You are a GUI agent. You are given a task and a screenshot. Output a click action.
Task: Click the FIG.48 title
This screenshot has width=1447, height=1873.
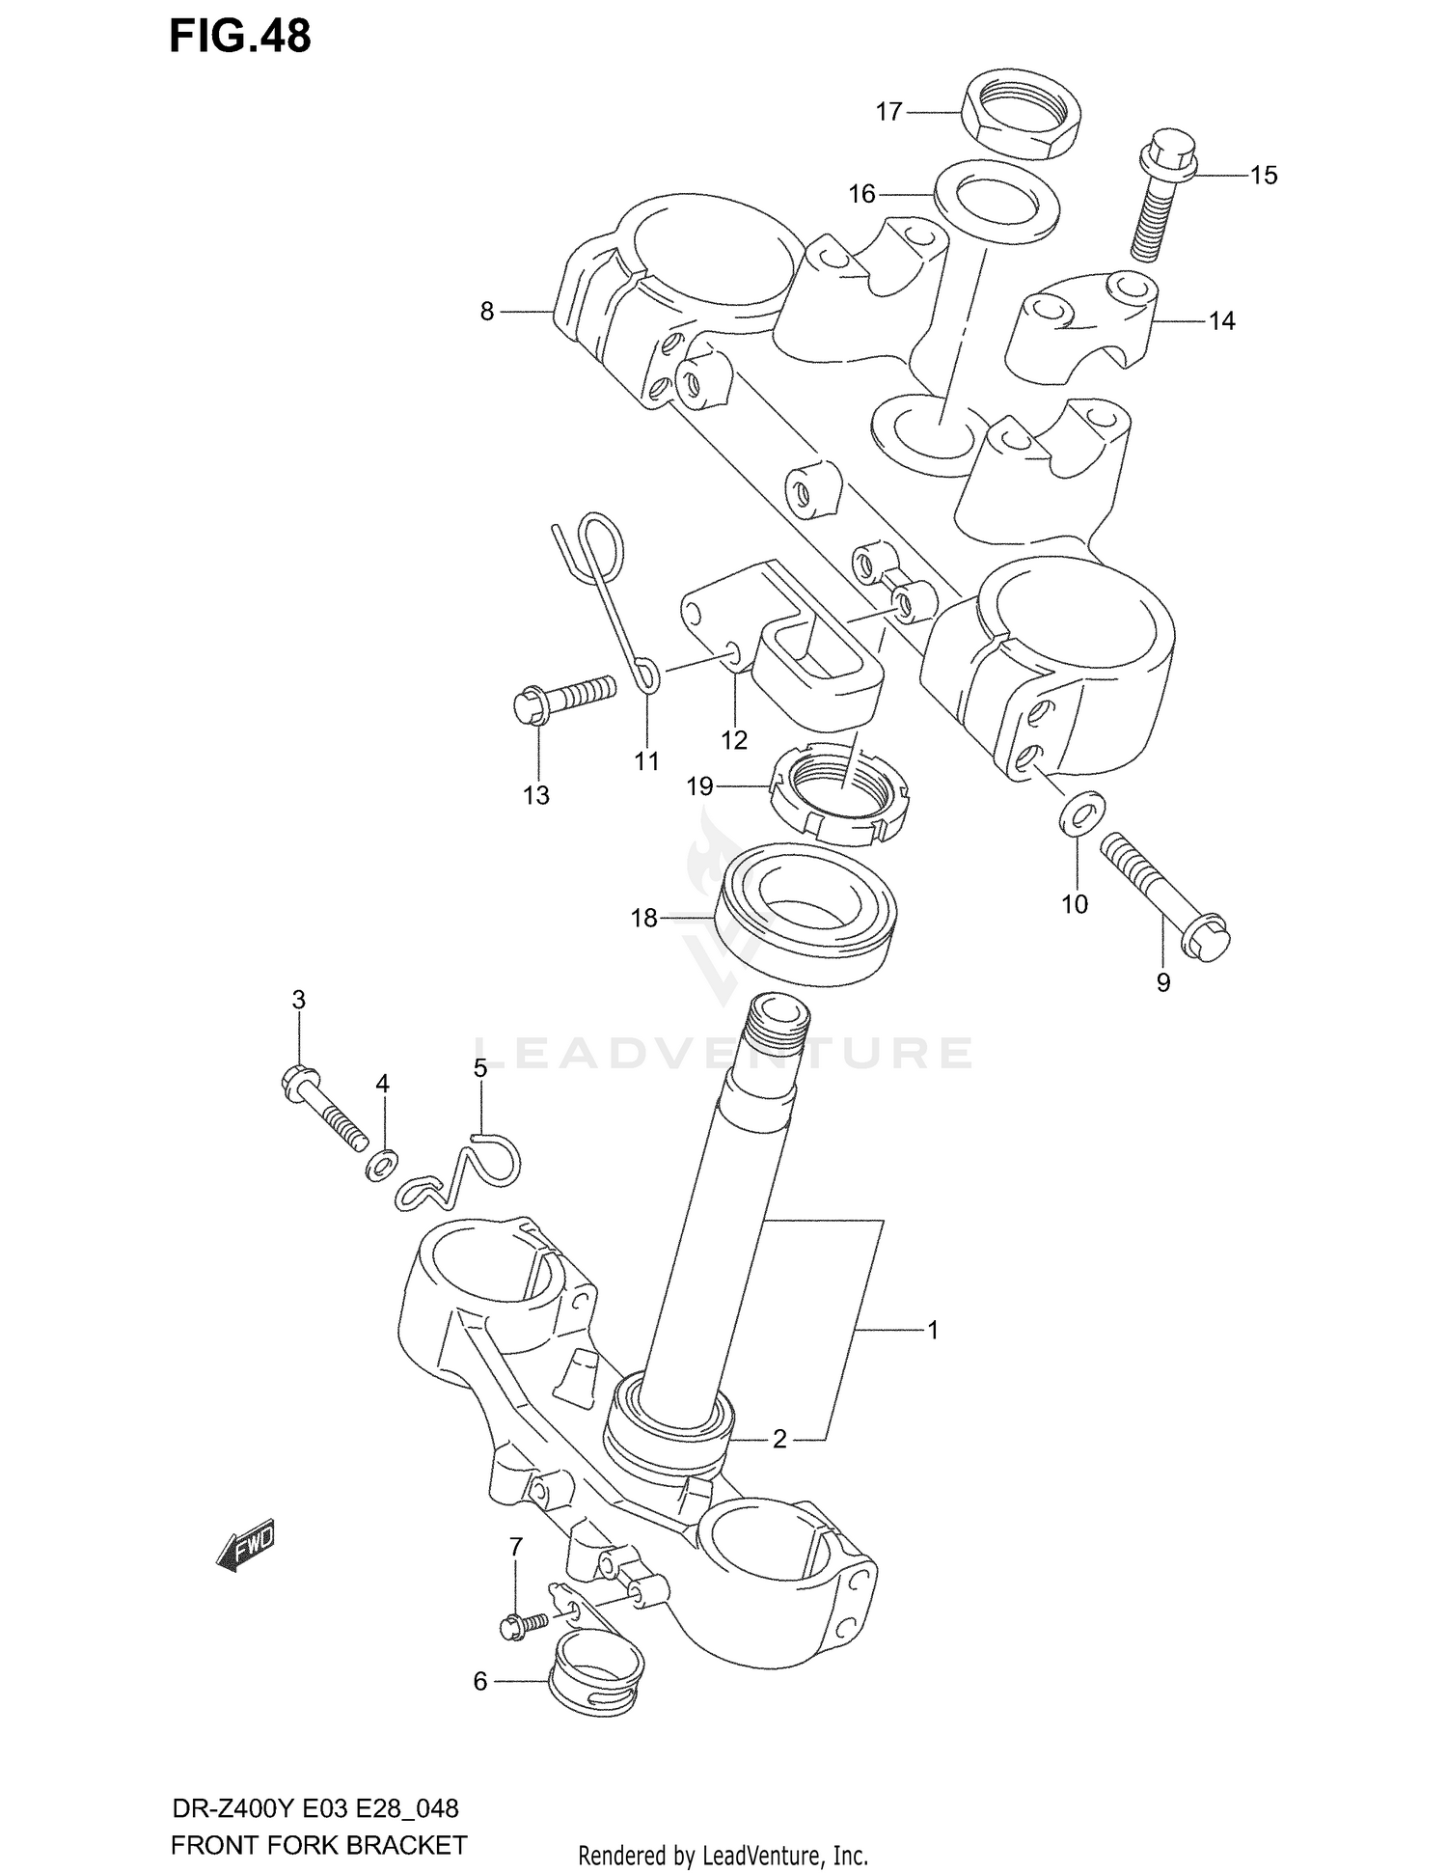coord(240,37)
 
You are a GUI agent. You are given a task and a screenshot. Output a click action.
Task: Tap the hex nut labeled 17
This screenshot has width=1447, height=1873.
coord(1023,115)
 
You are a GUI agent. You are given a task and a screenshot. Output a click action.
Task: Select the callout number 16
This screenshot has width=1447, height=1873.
coord(860,195)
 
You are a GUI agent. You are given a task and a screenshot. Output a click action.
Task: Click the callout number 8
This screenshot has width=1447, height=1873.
coord(486,312)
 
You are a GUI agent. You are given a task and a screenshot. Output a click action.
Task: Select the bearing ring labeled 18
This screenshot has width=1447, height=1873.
coord(805,913)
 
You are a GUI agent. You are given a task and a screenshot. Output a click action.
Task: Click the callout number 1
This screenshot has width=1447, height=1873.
coord(932,1331)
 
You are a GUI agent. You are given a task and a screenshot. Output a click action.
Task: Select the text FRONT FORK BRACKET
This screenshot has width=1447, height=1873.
coord(318,1846)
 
